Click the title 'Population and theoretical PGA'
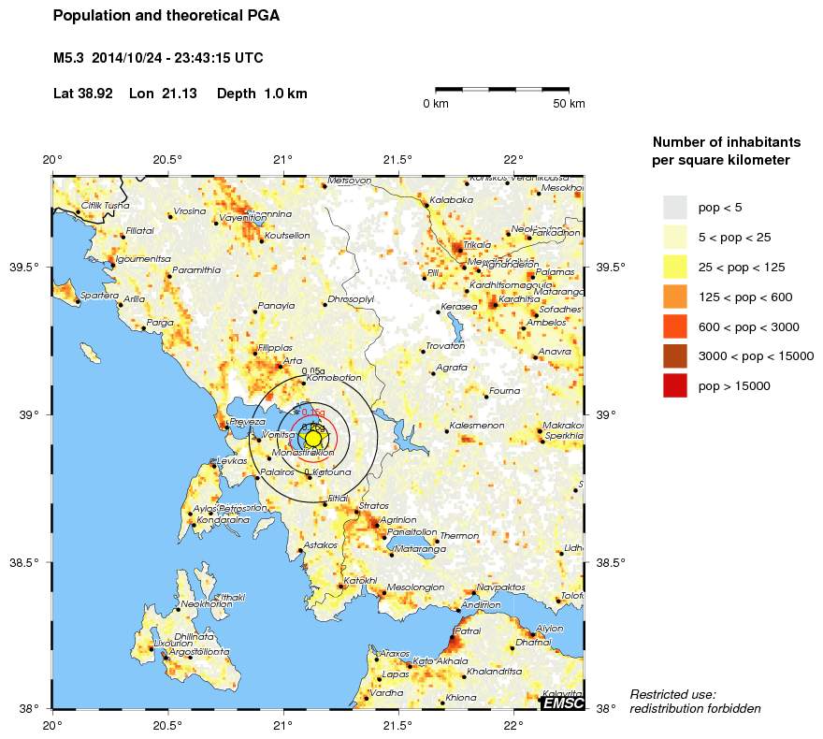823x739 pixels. (x=166, y=16)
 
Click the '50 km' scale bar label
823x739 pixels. (x=569, y=103)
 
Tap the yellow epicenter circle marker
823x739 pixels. (x=313, y=439)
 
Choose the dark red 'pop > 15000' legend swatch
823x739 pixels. (x=674, y=385)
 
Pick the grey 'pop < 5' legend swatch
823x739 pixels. (x=674, y=207)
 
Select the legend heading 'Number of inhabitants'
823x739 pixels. (x=726, y=142)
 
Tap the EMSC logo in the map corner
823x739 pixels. (x=563, y=703)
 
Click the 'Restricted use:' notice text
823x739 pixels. (x=672, y=694)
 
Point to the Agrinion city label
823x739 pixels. (x=398, y=520)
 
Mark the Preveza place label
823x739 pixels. (x=248, y=422)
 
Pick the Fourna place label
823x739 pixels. (x=505, y=391)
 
